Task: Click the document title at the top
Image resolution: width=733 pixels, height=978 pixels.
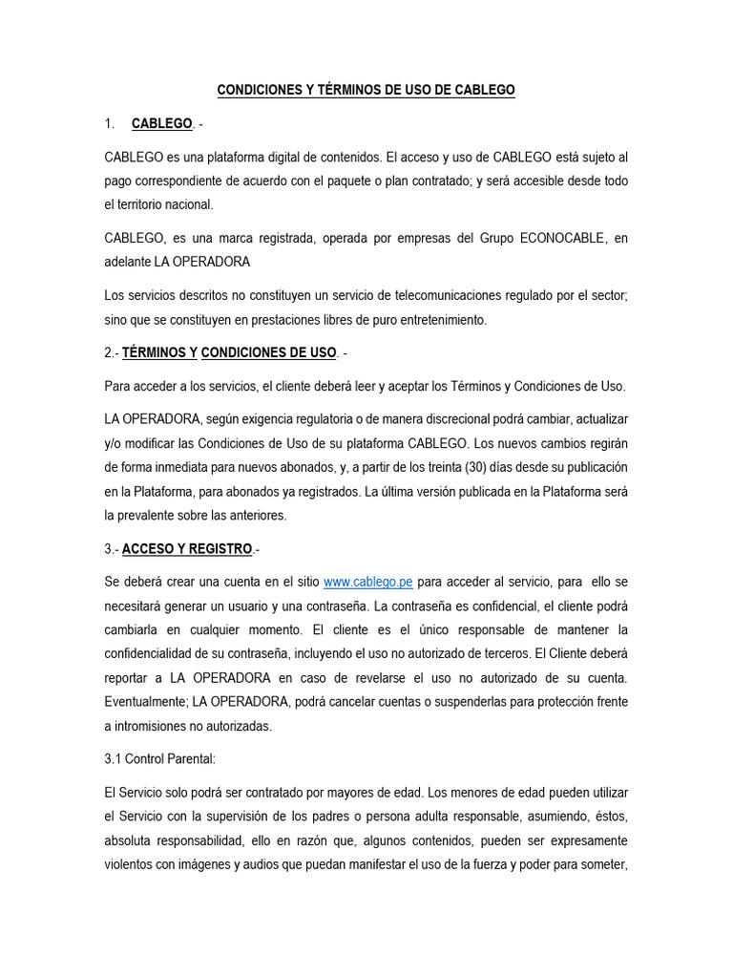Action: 366,90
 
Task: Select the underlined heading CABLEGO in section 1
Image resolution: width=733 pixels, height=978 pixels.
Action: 162,123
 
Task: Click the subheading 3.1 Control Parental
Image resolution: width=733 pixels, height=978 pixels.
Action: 160,759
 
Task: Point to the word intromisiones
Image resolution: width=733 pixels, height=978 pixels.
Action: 157,725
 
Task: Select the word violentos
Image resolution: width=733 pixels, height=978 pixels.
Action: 131,863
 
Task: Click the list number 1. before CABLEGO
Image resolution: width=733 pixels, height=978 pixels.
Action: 110,123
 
